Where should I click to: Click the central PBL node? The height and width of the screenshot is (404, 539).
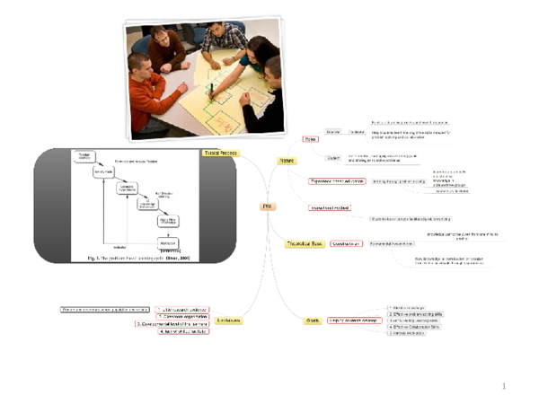267,206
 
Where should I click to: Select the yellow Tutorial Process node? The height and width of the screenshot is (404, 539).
219,154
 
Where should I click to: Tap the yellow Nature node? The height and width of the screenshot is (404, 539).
287,160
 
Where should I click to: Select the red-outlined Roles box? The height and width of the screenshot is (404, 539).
310,139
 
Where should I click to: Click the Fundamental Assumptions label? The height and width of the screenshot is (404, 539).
392,243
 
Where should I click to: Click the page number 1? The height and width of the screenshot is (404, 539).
505,387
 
